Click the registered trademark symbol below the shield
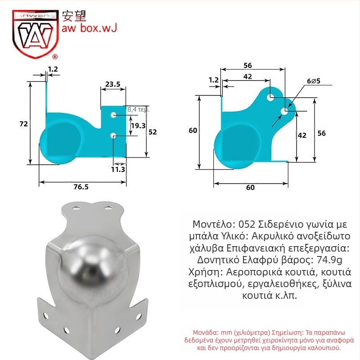click(x=55, y=57)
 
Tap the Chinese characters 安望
click(x=74, y=16)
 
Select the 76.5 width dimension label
click(x=81, y=187)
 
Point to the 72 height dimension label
click(x=23, y=124)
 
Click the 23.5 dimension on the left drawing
click(x=113, y=84)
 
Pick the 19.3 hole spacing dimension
click(x=138, y=126)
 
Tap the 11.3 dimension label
click(x=118, y=170)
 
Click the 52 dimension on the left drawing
click(x=153, y=132)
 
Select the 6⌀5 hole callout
click(x=314, y=81)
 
